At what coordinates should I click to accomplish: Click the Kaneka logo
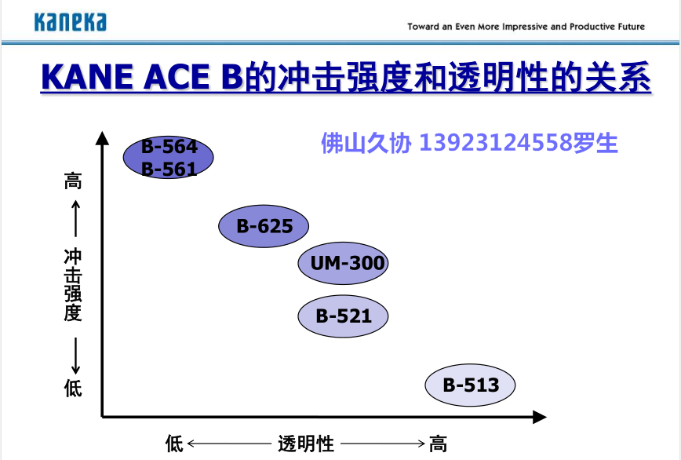[x=71, y=22]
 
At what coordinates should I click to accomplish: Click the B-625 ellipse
[x=264, y=226]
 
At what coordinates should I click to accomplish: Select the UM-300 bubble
[x=343, y=263]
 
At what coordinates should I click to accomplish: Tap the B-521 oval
[x=343, y=316]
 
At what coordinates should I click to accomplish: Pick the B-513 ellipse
[x=470, y=385]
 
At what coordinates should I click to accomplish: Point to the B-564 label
[x=169, y=147]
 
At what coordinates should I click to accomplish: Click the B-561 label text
[x=169, y=169]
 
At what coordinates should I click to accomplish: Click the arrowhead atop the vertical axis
[x=102, y=138]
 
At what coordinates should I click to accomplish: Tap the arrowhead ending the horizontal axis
[x=540, y=417]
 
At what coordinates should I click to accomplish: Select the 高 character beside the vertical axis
[x=73, y=181]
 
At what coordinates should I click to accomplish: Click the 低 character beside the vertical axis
[x=73, y=388]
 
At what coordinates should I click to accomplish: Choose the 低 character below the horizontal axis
[x=174, y=444]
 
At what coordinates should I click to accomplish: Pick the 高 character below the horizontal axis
[x=438, y=444]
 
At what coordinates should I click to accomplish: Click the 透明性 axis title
[x=306, y=444]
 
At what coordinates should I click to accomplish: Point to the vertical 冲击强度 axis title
[x=73, y=285]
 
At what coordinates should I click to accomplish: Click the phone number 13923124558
[x=495, y=142]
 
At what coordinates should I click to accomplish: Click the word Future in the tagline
[x=631, y=27]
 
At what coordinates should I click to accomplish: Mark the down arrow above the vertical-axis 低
[x=75, y=356]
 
